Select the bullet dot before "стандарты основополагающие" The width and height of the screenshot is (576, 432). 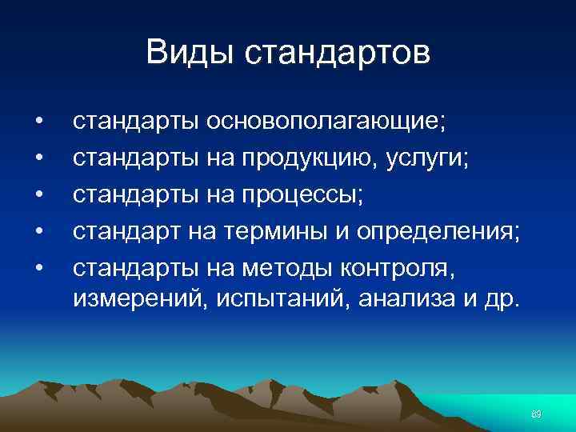click(38, 122)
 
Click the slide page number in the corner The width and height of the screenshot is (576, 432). click(537, 413)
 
